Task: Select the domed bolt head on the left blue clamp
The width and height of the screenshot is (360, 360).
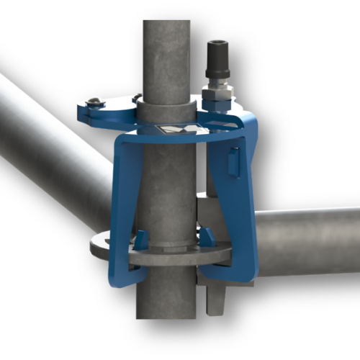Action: coord(95,101)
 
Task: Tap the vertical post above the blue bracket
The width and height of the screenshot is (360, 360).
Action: coord(166,50)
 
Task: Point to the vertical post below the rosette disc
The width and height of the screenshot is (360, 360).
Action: coord(166,295)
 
